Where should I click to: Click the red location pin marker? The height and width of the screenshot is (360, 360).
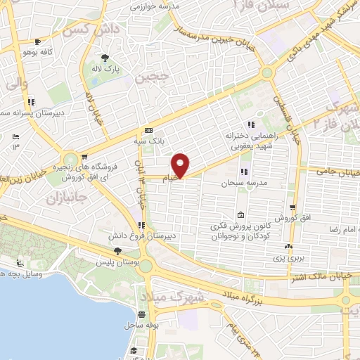tap(181, 165)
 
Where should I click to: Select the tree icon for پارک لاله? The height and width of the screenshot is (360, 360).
tap(105, 58)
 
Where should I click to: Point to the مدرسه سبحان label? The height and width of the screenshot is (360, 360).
tap(236, 183)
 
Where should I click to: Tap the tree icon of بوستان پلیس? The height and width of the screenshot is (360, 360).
tap(118, 252)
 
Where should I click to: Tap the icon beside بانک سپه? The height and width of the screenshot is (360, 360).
tap(148, 130)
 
